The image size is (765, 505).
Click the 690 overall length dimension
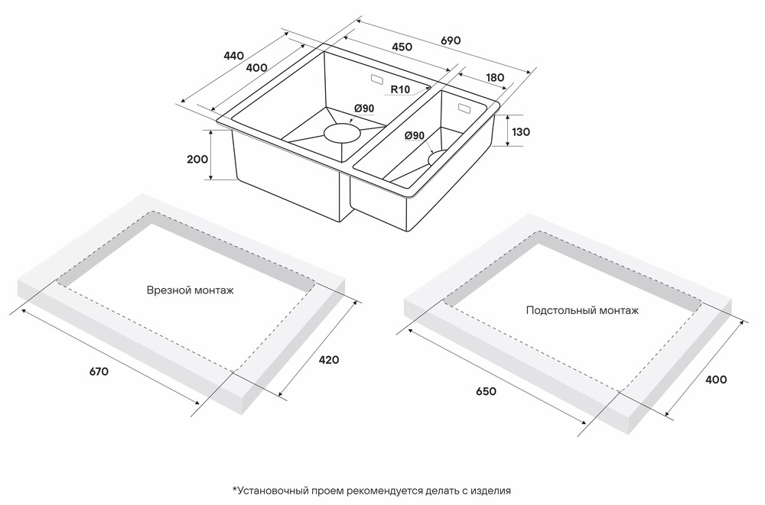tap(451, 40)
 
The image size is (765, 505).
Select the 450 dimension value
tap(402, 47)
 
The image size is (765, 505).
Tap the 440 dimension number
tap(233, 56)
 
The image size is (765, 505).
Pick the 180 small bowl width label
tap(494, 77)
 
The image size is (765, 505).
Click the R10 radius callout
tap(400, 89)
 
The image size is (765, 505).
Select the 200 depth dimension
tap(197, 160)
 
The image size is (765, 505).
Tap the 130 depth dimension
tap(520, 132)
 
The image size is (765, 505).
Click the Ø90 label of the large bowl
tap(363, 108)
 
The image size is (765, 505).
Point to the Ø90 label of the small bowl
tap(414, 136)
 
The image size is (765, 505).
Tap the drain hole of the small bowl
tap(438, 157)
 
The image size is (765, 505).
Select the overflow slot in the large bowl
tap(378, 79)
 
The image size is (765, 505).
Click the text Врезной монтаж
tap(190, 290)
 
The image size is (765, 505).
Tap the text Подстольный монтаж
tap(582, 310)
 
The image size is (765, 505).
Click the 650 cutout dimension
tap(486, 391)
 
